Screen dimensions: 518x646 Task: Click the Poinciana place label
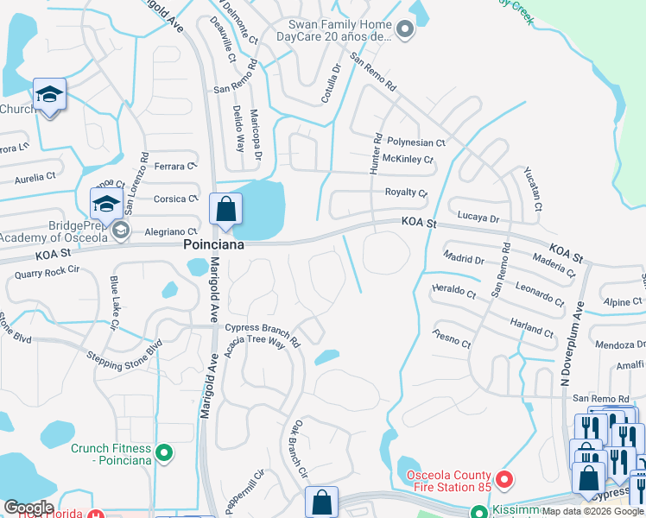click(212, 245)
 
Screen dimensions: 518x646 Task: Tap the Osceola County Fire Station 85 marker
click(504, 477)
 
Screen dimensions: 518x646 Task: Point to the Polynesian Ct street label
click(415, 142)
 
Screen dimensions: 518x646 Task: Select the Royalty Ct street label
click(406, 193)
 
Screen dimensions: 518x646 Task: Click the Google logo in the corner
click(28, 508)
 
